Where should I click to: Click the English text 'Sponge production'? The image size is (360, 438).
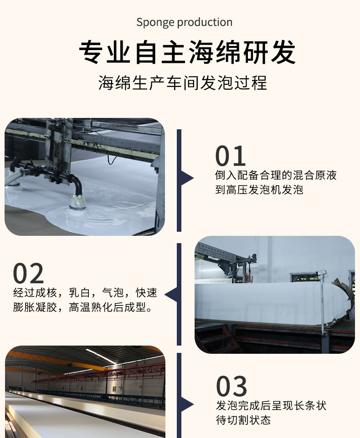click(x=184, y=22)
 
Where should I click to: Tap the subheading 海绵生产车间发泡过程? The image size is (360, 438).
click(x=183, y=83)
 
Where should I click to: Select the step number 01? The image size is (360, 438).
click(x=231, y=156)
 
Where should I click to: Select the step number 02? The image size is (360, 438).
click(x=28, y=274)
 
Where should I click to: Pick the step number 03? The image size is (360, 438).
click(x=231, y=387)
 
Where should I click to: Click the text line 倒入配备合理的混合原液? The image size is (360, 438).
click(x=276, y=175)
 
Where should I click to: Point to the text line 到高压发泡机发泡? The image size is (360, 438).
click(x=259, y=190)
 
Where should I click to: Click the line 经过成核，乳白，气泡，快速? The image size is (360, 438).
click(x=85, y=292)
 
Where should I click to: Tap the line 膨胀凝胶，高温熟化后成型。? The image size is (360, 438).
click(x=82, y=307)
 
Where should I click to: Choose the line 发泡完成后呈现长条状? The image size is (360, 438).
click(x=271, y=405)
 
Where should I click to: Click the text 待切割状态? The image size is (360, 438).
click(x=243, y=420)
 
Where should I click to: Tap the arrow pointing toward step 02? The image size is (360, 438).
click(x=171, y=295)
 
